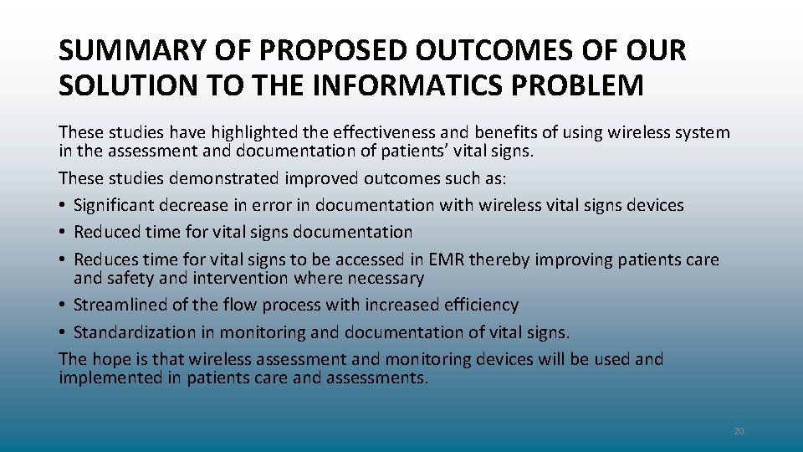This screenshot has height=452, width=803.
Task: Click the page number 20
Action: click(739, 431)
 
